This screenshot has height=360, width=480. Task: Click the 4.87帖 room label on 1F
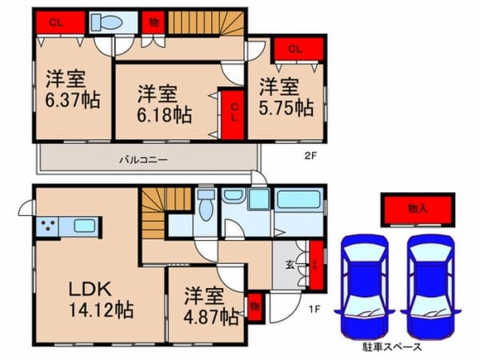(206, 305)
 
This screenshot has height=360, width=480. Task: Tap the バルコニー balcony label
(143, 160)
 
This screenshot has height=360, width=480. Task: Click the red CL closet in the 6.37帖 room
(56, 22)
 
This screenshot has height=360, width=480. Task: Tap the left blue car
(363, 284)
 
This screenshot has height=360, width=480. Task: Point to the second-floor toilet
(106, 22)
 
